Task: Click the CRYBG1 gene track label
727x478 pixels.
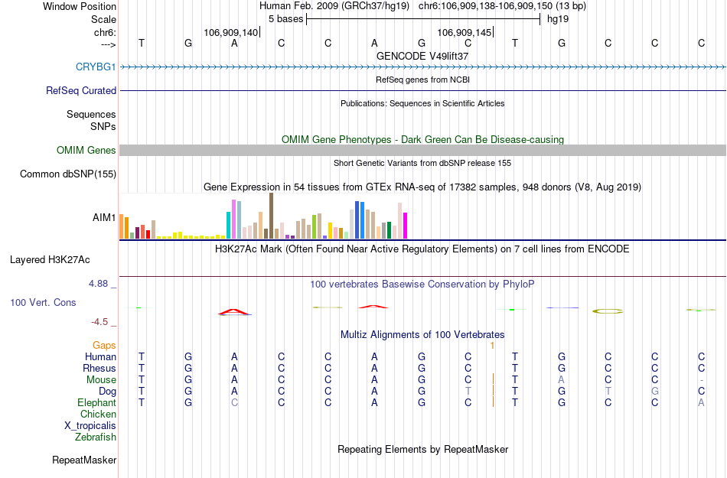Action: click(x=96, y=67)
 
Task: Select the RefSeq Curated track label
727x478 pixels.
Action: click(x=81, y=90)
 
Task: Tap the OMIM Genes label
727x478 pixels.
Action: click(x=86, y=151)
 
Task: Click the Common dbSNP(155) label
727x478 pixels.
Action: click(x=67, y=174)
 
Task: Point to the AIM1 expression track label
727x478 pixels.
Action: click(x=104, y=218)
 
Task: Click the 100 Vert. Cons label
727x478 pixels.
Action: click(x=43, y=303)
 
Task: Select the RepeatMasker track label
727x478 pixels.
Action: click(x=84, y=460)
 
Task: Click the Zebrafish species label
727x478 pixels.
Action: click(x=96, y=437)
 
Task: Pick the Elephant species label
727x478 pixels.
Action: click(x=96, y=403)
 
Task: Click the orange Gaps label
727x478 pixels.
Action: click(x=104, y=346)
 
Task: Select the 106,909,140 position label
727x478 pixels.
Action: click(x=231, y=33)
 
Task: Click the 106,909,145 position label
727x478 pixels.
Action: click(x=465, y=33)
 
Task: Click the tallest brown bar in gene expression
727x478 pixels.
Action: click(x=271, y=216)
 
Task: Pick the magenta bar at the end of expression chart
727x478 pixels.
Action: click(x=406, y=225)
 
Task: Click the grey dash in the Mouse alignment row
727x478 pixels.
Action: click(x=701, y=380)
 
